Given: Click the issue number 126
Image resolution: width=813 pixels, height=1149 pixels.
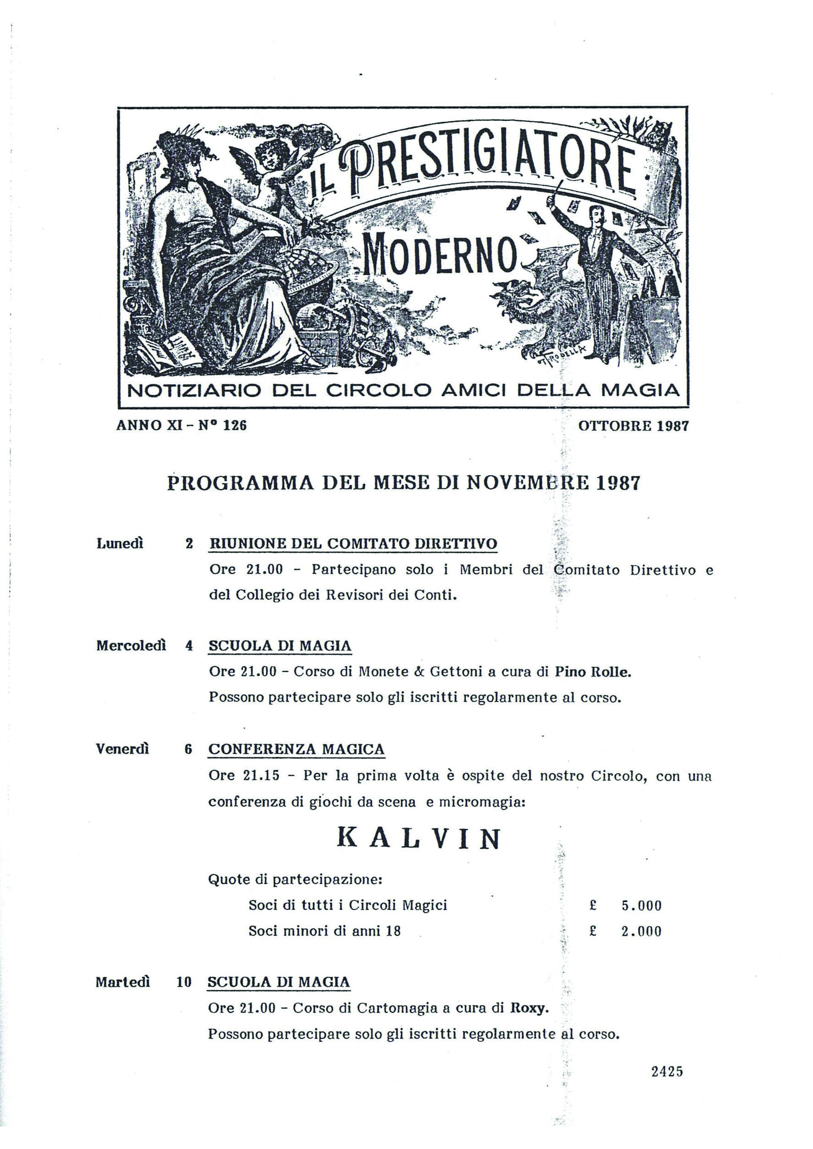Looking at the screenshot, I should click(234, 426).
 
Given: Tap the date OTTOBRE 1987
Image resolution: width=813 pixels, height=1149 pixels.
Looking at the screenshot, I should click(633, 426).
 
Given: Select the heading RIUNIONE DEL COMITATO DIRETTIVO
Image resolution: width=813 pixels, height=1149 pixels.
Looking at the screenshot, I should click(353, 544).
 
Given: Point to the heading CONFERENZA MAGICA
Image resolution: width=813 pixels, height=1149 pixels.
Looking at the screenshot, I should click(296, 749).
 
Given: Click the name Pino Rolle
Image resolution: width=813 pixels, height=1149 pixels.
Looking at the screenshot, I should click(593, 672).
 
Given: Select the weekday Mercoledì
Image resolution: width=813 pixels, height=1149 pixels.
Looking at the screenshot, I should click(131, 645).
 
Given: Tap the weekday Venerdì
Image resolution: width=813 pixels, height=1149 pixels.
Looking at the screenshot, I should click(123, 749).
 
